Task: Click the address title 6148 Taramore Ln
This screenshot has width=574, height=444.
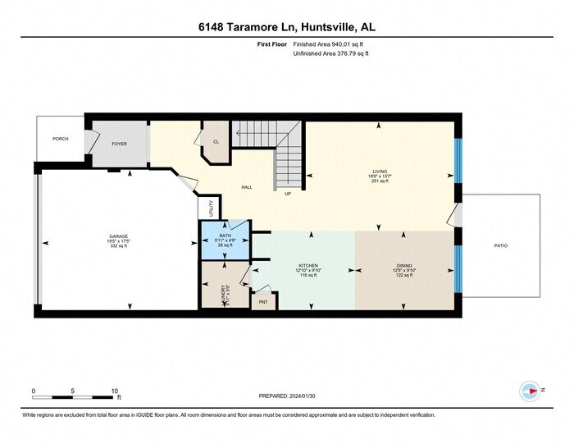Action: pyautogui.click(x=286, y=27)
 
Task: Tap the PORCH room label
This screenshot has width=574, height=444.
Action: pyautogui.click(x=60, y=139)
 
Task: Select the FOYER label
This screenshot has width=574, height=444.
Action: pyautogui.click(x=120, y=144)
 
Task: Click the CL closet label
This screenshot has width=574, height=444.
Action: pyautogui.click(x=216, y=141)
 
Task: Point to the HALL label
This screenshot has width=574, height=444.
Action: pyautogui.click(x=246, y=187)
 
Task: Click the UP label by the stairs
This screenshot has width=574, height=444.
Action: pyautogui.click(x=288, y=194)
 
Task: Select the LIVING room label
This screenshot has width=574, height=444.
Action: pyautogui.click(x=379, y=172)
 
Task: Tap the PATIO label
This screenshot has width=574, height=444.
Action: pyautogui.click(x=500, y=245)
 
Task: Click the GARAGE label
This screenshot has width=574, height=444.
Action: pyautogui.click(x=118, y=236)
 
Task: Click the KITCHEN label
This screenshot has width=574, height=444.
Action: pyautogui.click(x=307, y=266)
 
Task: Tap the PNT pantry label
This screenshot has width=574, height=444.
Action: pyautogui.click(x=263, y=302)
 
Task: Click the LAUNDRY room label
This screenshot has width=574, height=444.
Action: pyautogui.click(x=223, y=292)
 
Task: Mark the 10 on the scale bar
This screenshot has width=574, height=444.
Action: pyautogui.click(x=114, y=391)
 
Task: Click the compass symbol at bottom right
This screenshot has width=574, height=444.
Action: pyautogui.click(x=529, y=391)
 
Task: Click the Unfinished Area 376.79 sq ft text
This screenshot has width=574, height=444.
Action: pyautogui.click(x=330, y=53)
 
